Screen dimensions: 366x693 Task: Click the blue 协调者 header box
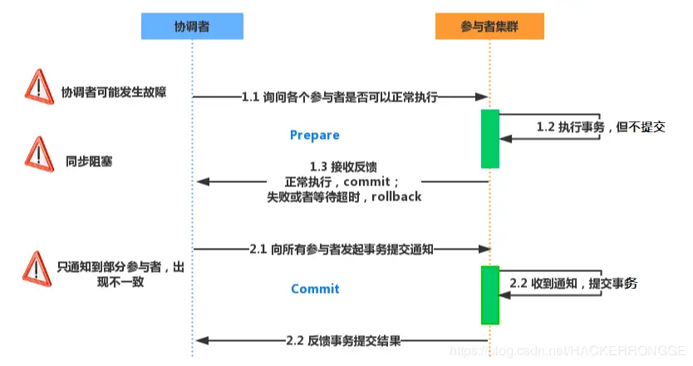pos(192,27)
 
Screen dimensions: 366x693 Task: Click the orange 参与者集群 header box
pos(490,27)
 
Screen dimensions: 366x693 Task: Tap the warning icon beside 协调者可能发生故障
pos(38,87)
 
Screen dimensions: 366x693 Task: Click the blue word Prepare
pos(314,135)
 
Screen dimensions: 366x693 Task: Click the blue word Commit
pos(315,289)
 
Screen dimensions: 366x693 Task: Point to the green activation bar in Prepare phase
pos(489,138)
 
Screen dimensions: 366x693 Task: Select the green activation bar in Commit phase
pos(489,294)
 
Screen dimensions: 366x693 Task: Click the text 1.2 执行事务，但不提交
pos(600,127)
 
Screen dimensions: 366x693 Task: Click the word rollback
pos(397,197)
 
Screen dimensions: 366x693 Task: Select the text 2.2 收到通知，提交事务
pos(573,284)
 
